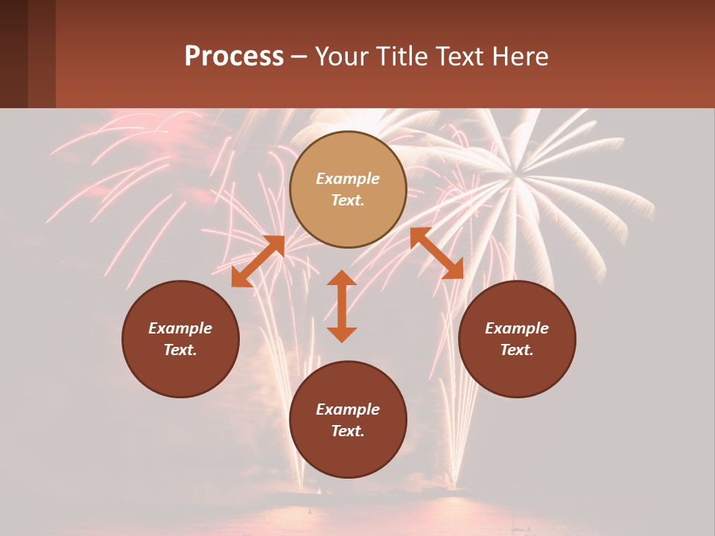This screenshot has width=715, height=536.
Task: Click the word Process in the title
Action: point(234,57)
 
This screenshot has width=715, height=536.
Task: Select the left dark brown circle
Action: point(180,372)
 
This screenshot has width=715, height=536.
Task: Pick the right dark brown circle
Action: point(517,372)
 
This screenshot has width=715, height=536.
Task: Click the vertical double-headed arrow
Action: point(342,306)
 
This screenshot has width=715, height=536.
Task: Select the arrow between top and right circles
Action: point(436,253)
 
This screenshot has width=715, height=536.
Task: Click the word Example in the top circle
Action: point(348,179)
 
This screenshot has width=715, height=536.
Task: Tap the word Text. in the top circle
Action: point(348,200)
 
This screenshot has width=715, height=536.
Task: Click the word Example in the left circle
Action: point(180,328)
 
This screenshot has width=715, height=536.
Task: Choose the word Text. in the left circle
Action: point(180,350)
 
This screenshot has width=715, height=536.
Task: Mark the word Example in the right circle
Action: point(517,328)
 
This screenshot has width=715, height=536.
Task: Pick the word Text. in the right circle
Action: point(517,350)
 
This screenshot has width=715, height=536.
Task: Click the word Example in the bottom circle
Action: point(348,409)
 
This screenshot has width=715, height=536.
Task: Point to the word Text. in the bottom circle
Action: point(348,431)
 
